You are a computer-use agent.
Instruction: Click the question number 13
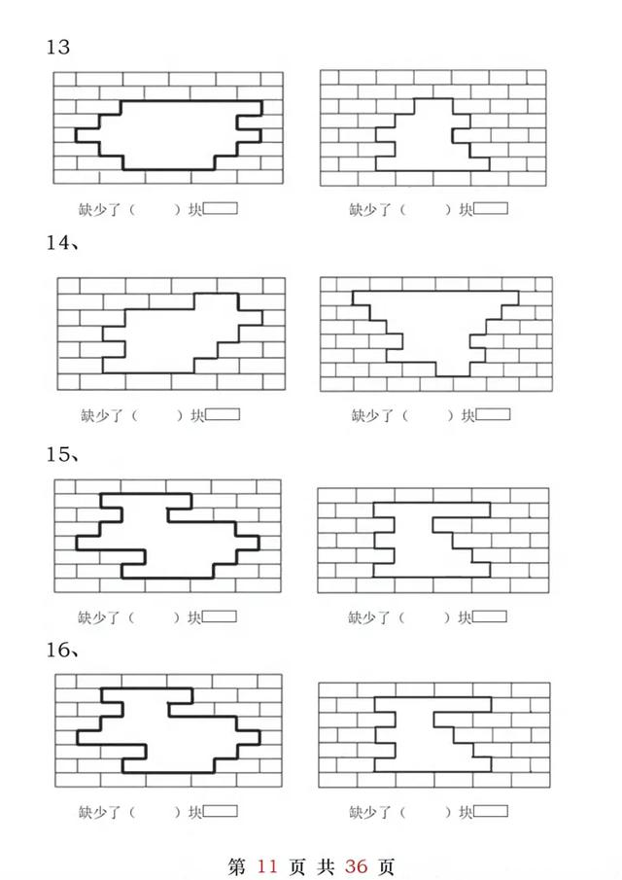point(58,47)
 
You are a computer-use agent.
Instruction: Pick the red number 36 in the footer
point(356,865)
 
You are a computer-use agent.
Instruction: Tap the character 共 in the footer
point(325,865)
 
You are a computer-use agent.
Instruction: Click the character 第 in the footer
point(236,865)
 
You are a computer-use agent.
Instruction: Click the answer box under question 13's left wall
point(221,208)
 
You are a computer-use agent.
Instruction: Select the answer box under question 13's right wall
point(491,208)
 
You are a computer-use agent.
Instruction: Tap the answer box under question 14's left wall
point(223,415)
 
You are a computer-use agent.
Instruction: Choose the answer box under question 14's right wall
point(493,415)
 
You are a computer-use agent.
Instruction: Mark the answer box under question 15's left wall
point(220,616)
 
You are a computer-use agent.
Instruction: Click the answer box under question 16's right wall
point(490,811)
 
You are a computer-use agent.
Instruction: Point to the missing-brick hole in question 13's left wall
point(167,134)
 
